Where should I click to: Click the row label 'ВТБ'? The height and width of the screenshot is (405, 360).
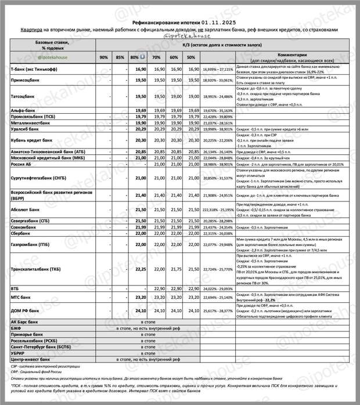coord(16,288)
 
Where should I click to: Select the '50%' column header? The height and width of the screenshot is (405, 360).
coord(190,57)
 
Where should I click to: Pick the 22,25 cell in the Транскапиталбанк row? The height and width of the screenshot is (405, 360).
coord(139,269)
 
